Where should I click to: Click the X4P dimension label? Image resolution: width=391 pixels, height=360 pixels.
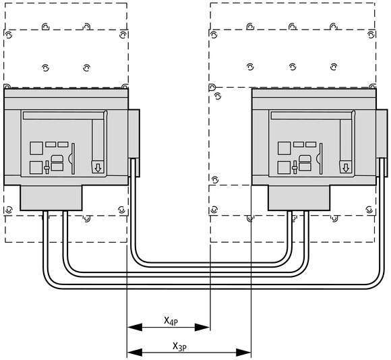[171, 321]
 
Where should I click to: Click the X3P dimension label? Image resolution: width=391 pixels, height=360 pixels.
[180, 347]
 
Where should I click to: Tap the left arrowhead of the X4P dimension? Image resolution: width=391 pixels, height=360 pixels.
[135, 327]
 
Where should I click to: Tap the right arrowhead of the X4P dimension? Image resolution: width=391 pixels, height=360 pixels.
[202, 327]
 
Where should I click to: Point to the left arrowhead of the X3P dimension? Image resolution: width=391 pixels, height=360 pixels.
[135, 353]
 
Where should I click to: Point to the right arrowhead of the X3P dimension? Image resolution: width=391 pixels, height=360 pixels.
[243, 353]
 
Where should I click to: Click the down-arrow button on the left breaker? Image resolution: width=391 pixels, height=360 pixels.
[98, 167]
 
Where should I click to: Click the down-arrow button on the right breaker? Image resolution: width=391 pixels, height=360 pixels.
[346, 167]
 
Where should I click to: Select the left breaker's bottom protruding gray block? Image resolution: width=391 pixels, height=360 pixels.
[51, 198]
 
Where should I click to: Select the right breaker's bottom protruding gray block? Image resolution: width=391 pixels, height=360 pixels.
[299, 198]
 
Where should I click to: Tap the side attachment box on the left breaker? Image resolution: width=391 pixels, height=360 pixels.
[134, 143]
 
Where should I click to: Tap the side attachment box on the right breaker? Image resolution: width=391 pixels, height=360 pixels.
[382, 143]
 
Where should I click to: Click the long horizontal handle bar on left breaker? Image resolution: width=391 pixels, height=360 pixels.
[63, 116]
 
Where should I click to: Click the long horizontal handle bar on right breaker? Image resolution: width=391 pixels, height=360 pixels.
[311, 116]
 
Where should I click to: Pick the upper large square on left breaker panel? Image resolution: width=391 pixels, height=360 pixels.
[36, 148]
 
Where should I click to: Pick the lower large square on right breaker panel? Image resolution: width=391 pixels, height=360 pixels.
[284, 168]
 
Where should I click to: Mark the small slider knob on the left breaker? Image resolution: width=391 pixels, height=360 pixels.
[47, 168]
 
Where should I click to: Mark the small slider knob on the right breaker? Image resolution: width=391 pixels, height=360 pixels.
[295, 168]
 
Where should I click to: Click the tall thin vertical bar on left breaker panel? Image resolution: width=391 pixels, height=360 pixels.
[73, 158]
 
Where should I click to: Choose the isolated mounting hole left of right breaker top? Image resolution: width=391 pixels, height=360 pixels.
[218, 96]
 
